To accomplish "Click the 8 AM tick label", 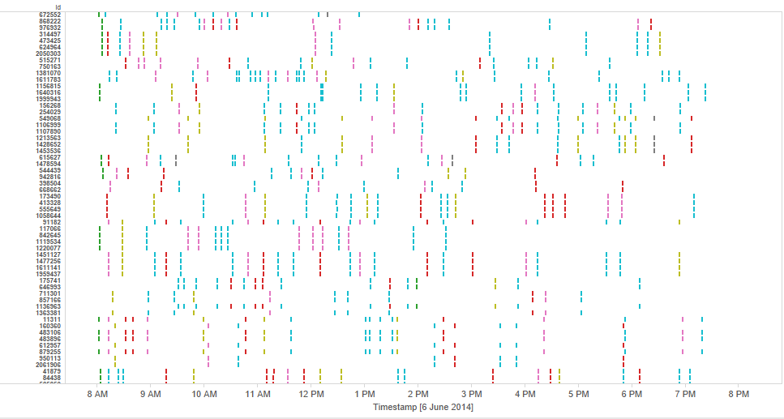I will pos(96,394).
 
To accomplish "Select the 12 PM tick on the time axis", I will pos(311,394).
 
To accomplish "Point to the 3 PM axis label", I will pos(471,394).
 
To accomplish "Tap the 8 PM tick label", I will pos(739,394).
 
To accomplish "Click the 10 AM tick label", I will pos(204,394).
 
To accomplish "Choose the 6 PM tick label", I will pos(632,394).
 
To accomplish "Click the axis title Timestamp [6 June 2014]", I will pos(422,406).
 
